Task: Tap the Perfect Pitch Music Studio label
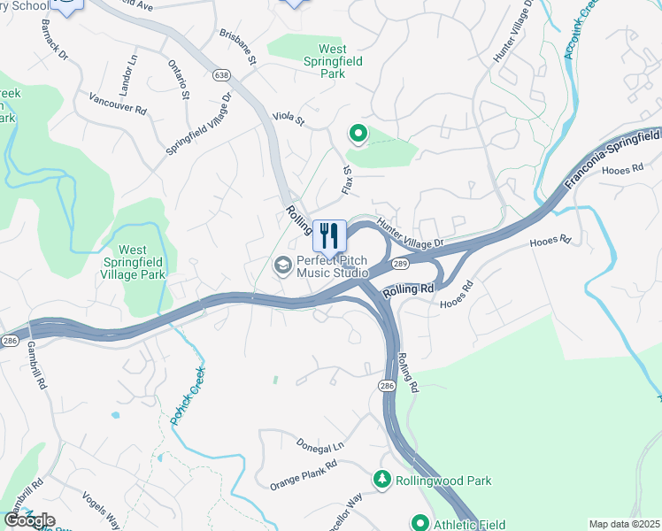pos(333,266)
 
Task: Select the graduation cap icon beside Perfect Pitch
pos(283,265)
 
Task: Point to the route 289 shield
pos(399,264)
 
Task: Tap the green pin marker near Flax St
pos(358,135)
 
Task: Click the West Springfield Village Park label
pos(145,263)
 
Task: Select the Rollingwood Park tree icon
pos(382,480)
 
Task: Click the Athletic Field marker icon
pos(420,523)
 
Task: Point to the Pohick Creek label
pos(188,395)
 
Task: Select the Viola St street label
pos(288,117)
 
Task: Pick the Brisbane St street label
pos(237,47)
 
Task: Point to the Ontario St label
pos(178,79)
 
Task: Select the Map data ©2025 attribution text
pos(624,524)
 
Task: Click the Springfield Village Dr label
pos(198,125)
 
